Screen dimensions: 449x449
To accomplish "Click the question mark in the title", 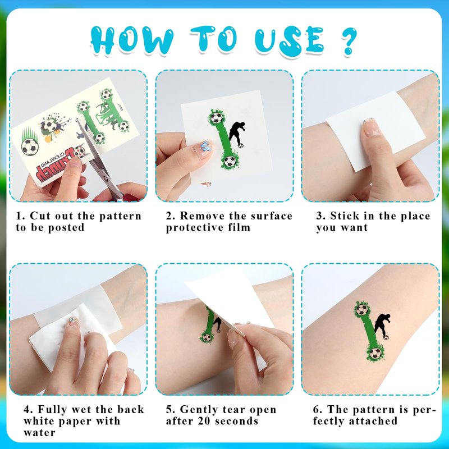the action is [349, 40].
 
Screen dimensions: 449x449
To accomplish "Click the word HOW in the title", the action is [132, 40].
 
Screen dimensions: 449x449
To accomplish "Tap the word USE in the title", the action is [290, 40].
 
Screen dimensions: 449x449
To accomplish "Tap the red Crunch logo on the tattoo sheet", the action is [59, 163].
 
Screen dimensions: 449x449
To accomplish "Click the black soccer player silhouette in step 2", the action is [236, 134].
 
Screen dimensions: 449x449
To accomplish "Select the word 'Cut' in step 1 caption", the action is [40, 216].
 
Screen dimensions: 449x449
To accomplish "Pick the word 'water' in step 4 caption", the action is [40, 432].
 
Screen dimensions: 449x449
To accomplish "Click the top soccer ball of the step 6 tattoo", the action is [362, 310].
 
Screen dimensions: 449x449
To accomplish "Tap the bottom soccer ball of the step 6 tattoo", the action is [375, 354].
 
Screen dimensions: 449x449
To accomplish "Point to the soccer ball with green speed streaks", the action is [30, 146].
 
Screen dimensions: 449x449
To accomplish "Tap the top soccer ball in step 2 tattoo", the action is [217, 117].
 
